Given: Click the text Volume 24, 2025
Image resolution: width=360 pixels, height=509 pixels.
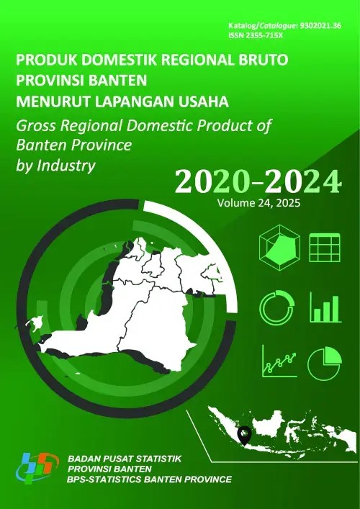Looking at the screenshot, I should click(x=256, y=204).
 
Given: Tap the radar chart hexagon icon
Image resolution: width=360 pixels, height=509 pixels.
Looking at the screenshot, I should click(x=274, y=248).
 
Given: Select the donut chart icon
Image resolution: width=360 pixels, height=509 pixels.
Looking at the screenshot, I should click(x=274, y=307).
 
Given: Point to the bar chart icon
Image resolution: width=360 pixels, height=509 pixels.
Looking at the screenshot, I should click(x=324, y=307).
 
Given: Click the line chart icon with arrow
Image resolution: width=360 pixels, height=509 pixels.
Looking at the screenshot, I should click(x=275, y=361).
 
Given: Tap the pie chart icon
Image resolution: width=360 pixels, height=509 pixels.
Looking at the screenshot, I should click(x=323, y=363).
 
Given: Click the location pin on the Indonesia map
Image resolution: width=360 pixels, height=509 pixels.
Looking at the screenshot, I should click(x=245, y=434).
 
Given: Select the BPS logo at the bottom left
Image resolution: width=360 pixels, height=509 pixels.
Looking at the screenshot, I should click(x=36, y=468).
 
